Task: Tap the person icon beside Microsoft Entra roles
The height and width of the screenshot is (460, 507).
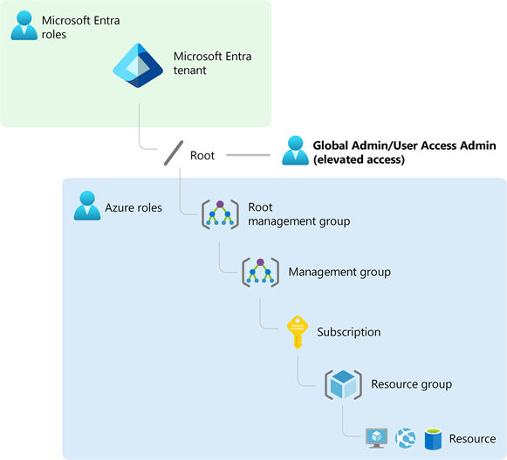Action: click(24, 25)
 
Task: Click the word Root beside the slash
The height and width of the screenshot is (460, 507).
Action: click(202, 155)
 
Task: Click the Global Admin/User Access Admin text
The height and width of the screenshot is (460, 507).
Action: click(404, 152)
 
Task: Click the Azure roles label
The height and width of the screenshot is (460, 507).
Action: click(133, 207)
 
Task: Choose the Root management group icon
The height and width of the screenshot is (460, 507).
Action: click(220, 214)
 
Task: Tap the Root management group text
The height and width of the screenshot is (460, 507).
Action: click(298, 214)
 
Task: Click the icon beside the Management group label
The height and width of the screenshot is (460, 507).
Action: click(259, 272)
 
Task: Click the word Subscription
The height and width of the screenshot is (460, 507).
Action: click(348, 332)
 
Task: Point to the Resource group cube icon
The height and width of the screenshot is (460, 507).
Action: click(342, 384)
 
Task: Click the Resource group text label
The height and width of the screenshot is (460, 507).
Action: click(411, 384)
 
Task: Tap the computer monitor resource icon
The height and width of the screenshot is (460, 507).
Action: click(377, 438)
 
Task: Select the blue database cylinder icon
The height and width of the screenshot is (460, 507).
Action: click(431, 438)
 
